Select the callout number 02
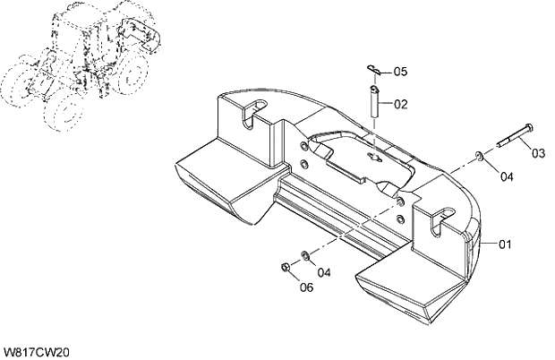[x=399, y=104]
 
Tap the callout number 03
[x=538, y=153]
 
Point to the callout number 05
[x=399, y=71]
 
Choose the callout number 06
[x=306, y=287]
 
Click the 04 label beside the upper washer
[x=507, y=176]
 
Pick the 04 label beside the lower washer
[x=323, y=272]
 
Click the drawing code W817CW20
[x=36, y=352]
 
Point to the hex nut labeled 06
[x=284, y=267]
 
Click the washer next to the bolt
[x=482, y=158]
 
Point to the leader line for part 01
[x=488, y=242]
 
